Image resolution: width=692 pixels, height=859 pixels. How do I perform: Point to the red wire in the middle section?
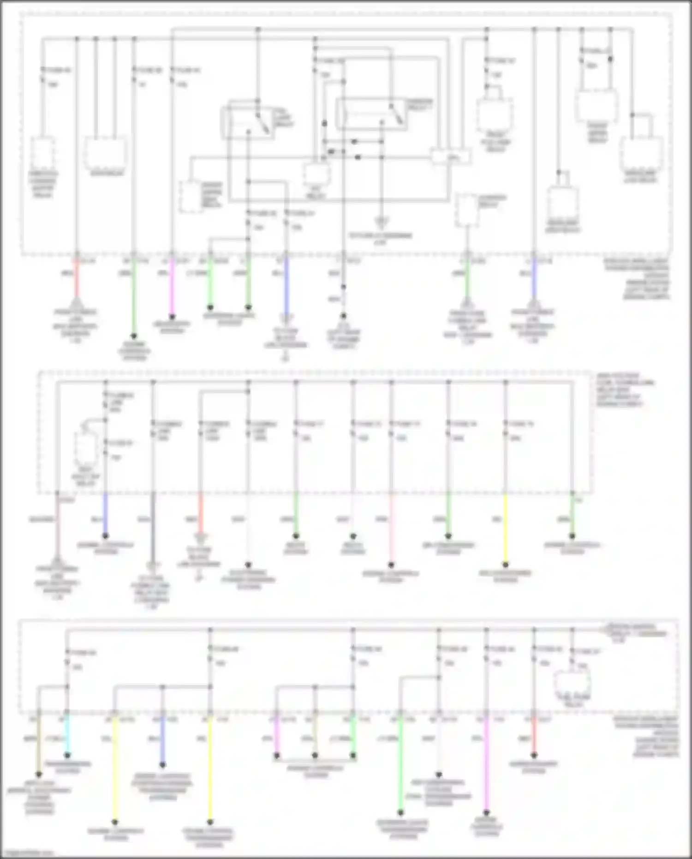pyautogui.click(x=201, y=512)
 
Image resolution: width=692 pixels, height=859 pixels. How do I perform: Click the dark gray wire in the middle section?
pyautogui.click(x=153, y=526)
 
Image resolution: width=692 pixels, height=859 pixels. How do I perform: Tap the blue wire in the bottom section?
pyautogui.click(x=162, y=739)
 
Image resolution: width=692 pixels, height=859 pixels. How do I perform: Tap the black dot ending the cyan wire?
pyautogui.click(x=67, y=755)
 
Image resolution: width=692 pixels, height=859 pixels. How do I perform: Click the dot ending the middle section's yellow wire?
pyautogui.click(x=506, y=564)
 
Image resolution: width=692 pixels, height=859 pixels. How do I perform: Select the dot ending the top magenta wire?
pyautogui.click(x=172, y=317)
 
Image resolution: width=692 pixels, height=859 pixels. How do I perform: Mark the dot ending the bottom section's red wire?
pyautogui.click(x=534, y=755)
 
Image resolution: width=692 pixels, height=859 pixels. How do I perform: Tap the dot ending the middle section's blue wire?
pyautogui.click(x=106, y=536)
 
